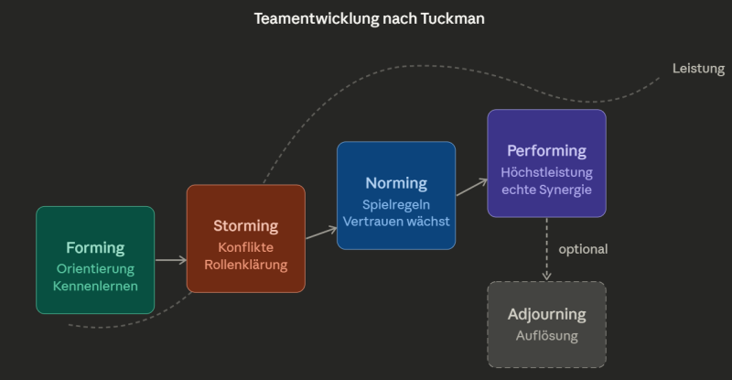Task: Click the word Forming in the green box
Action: coord(95,247)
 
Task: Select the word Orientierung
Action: coord(95,268)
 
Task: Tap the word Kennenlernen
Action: coord(95,286)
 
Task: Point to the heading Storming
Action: coord(245,225)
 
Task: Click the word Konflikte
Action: coord(245,247)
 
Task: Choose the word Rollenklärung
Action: coord(245,265)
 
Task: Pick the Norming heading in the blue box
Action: coord(396,183)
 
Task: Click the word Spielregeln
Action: coord(396,204)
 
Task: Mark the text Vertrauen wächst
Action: coord(396,222)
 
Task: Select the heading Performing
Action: coord(546,150)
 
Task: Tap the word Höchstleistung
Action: coord(546,171)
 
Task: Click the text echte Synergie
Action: coord(546,190)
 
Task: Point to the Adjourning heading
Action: coord(546,314)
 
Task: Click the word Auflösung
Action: coord(546,335)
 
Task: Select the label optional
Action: coord(583,248)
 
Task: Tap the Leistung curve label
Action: coord(698,69)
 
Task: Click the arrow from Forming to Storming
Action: coord(170,260)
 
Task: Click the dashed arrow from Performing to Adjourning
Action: coord(546,248)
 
